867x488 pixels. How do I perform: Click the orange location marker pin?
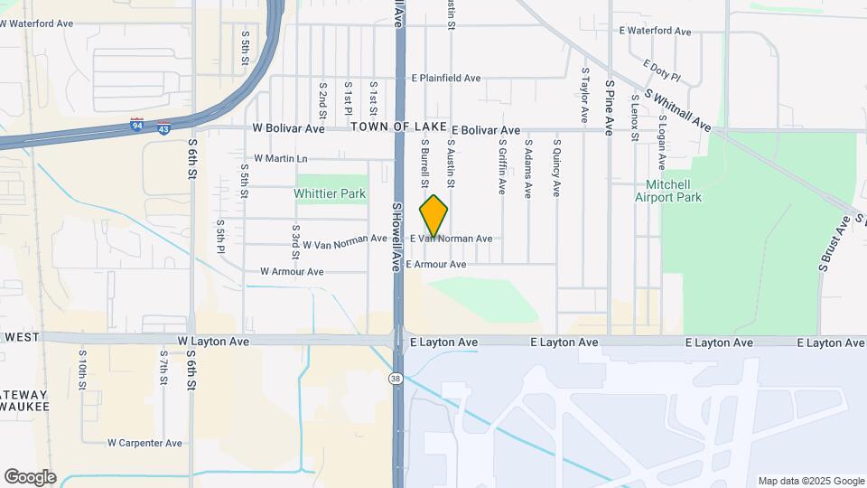433,216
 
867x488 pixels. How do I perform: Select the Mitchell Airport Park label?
694,191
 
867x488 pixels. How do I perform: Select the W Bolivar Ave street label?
288,129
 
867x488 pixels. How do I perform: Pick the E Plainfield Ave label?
445,79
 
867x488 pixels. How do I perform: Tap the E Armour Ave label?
436,265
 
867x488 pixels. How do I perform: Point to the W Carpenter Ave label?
144,443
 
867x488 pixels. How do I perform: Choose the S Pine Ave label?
611,108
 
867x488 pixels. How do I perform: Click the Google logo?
30,477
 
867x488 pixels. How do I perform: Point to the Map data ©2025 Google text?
811,481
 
